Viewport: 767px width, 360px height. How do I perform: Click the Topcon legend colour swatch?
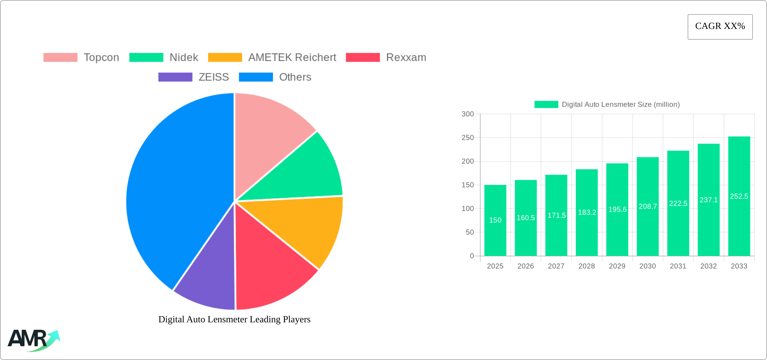tap(60, 58)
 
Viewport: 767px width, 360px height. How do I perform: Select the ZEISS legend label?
tap(214, 77)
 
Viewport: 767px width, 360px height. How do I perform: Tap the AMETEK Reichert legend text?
tap(292, 58)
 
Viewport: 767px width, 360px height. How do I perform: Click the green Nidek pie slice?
tap(303, 172)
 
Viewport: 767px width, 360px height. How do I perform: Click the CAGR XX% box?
tap(720, 27)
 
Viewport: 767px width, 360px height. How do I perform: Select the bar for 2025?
tap(495, 220)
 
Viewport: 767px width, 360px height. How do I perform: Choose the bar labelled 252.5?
tap(739, 196)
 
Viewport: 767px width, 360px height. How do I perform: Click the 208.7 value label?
tap(648, 207)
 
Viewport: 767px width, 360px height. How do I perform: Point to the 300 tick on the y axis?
tap(468, 114)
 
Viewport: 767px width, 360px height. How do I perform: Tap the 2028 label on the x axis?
tap(587, 266)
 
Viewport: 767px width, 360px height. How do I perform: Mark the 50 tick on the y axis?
tap(470, 232)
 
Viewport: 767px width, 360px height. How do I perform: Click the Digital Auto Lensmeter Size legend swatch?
tap(546, 105)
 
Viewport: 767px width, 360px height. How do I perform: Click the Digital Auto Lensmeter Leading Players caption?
tap(234, 319)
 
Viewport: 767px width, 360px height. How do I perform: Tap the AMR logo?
tap(34, 340)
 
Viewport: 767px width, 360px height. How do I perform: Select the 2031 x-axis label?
tap(678, 266)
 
